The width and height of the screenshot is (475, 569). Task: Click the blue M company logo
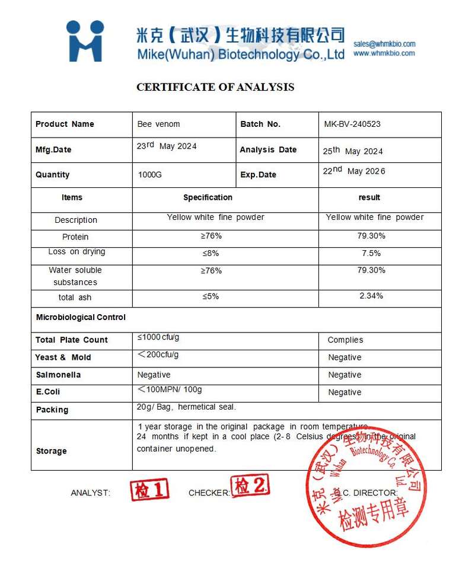coord(85,41)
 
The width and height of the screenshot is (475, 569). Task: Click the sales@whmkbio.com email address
coord(384,44)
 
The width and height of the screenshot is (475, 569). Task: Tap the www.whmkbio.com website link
coord(384,53)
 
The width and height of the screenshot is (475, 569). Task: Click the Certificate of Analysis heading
coord(215,87)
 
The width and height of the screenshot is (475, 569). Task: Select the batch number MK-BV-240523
coord(352,124)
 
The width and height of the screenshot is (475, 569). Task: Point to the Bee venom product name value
coord(158,124)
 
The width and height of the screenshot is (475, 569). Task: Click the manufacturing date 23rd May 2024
coord(167,146)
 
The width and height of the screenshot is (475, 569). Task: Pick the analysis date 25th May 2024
coord(353,151)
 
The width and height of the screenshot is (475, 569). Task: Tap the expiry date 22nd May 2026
coord(354,171)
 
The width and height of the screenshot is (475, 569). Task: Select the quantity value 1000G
coord(149,175)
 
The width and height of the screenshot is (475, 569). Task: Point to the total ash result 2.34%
coord(371,296)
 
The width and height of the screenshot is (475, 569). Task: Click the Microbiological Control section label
coord(81,317)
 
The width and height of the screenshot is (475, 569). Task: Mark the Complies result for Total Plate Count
coord(345,340)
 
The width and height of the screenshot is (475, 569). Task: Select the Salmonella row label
coord(58,375)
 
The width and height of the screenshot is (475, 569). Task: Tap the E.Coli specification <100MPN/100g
coord(170,389)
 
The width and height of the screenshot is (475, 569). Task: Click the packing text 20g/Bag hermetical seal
coord(186,407)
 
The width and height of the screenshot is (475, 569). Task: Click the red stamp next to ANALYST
coord(150,490)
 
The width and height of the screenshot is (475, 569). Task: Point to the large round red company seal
coord(366,486)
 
